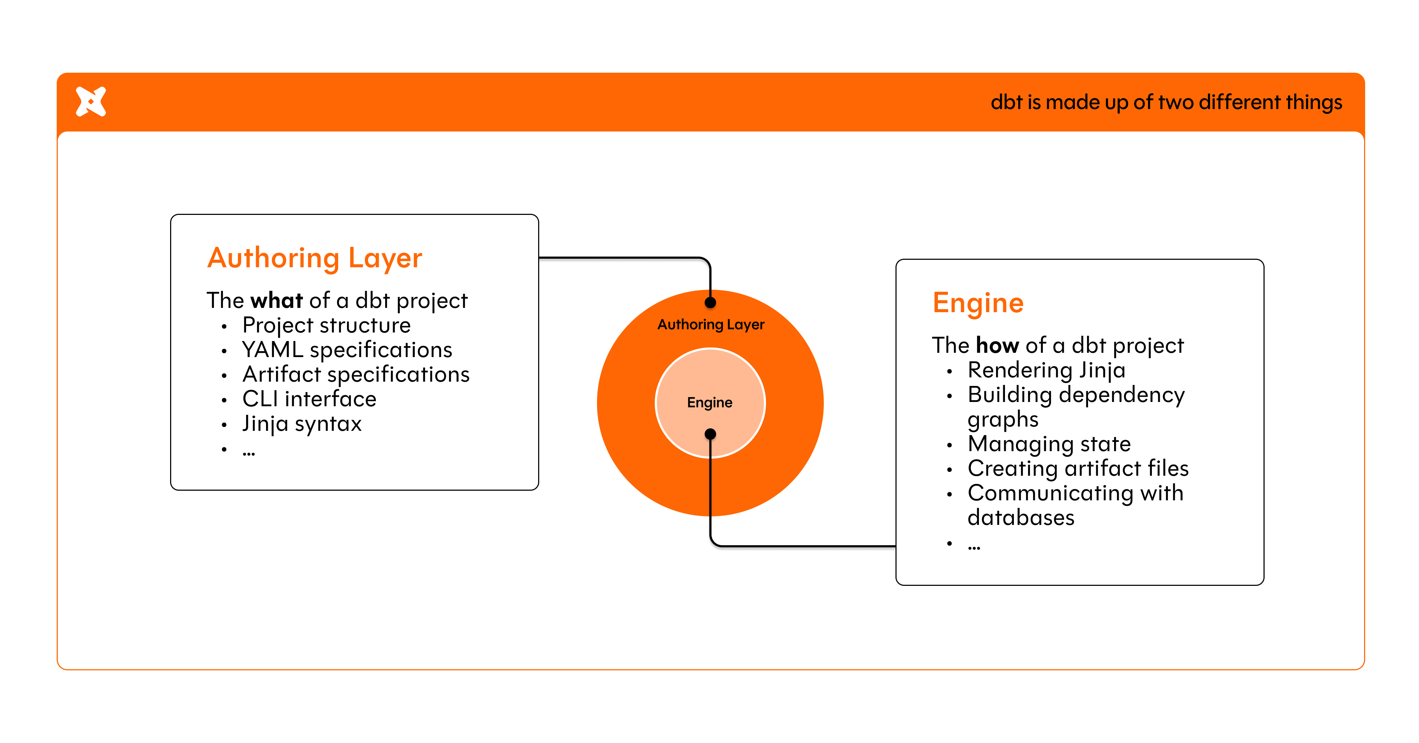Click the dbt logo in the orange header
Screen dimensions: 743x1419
[x=91, y=102]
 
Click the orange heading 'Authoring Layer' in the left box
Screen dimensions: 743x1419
[x=315, y=258]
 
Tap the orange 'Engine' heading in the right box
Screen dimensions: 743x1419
[x=978, y=303]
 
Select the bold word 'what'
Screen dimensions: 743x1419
[x=276, y=300]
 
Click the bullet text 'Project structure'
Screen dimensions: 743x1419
[x=326, y=325]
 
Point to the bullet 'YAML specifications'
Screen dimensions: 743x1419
[x=347, y=350]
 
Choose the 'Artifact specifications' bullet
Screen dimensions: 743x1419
[x=356, y=374]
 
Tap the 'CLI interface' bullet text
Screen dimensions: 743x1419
[x=309, y=399]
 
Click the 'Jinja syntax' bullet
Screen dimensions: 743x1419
[x=302, y=424]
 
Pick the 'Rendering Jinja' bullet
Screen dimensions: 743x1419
[x=1046, y=370]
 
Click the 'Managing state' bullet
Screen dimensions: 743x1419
[x=1049, y=444]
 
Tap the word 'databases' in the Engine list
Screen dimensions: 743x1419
[x=1021, y=518]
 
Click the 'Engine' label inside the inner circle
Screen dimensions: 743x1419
[x=710, y=402]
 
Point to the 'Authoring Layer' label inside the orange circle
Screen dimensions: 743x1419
[x=711, y=325]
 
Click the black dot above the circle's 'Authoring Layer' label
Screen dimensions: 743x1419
[x=711, y=303]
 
